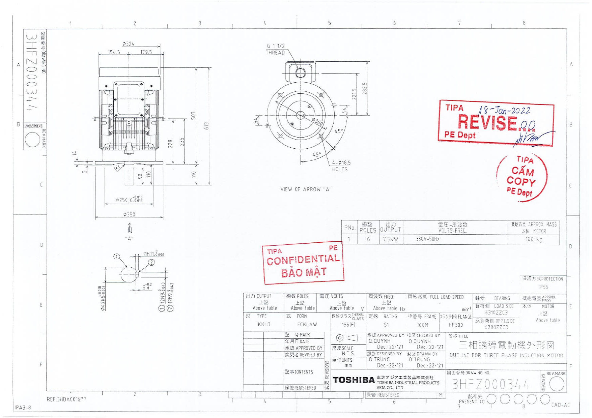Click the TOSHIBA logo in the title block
pos(353,380)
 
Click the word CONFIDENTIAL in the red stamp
pos(303,260)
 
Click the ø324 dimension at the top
pos(129,44)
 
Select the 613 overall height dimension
pos(206,126)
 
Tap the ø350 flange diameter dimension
pos(129,214)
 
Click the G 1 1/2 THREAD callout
pos(276,49)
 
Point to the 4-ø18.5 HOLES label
pos(341,166)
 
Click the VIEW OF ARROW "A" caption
pos(306,189)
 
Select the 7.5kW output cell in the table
pos(390,239)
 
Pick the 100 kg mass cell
pos(534,239)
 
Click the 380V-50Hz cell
pos(427,239)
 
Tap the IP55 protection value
pos(543,287)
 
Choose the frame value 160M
pos(422,325)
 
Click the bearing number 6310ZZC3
pos(496,313)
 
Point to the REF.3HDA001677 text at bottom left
pos(66,399)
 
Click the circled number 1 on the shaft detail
pos(116,257)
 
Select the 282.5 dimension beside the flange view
pos(364,88)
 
